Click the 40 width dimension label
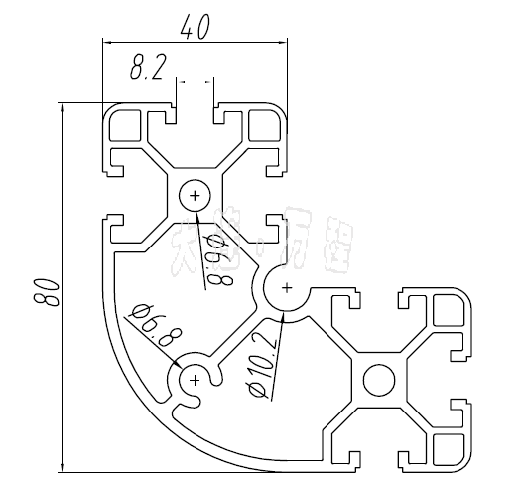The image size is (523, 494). (x=195, y=28)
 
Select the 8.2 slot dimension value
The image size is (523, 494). (x=148, y=69)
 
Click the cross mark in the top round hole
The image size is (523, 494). (x=196, y=195)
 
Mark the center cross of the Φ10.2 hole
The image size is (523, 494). (x=287, y=289)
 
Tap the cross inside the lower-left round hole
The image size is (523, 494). (x=196, y=379)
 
